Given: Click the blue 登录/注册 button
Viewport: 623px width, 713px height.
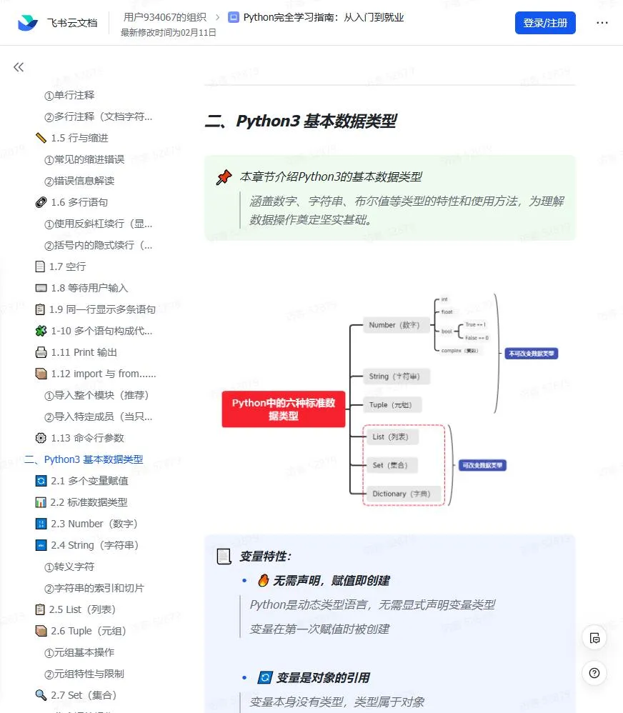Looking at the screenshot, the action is pos(545,23).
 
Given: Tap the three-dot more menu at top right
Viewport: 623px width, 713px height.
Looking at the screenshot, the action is pos(602,23).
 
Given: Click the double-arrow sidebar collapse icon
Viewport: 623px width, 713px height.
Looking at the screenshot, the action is pos(19,67).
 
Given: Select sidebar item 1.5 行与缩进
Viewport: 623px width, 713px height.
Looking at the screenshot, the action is pos(79,138).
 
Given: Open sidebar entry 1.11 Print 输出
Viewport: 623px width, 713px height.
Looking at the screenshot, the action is pos(84,352).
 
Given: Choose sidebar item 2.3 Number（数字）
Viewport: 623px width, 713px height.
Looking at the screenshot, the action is pos(94,524).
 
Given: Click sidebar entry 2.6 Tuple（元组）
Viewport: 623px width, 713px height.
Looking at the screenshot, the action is pos(88,631).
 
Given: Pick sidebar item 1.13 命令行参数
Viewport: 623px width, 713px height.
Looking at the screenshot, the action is pos(87,438).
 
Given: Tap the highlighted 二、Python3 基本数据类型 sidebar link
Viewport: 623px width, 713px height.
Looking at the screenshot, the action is pos(84,459).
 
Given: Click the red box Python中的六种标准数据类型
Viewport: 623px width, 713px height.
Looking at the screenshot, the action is pos(283,409).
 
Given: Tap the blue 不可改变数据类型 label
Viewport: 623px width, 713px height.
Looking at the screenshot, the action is pos(531,353).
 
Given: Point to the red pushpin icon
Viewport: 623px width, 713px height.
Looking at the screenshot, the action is pos(224,177).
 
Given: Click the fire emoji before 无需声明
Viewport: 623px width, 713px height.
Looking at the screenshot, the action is pos(263,581).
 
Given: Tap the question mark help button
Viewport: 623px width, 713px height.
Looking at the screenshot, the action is pos(594,672).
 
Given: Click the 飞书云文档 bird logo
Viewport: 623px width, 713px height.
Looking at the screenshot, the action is pos(29,23).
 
